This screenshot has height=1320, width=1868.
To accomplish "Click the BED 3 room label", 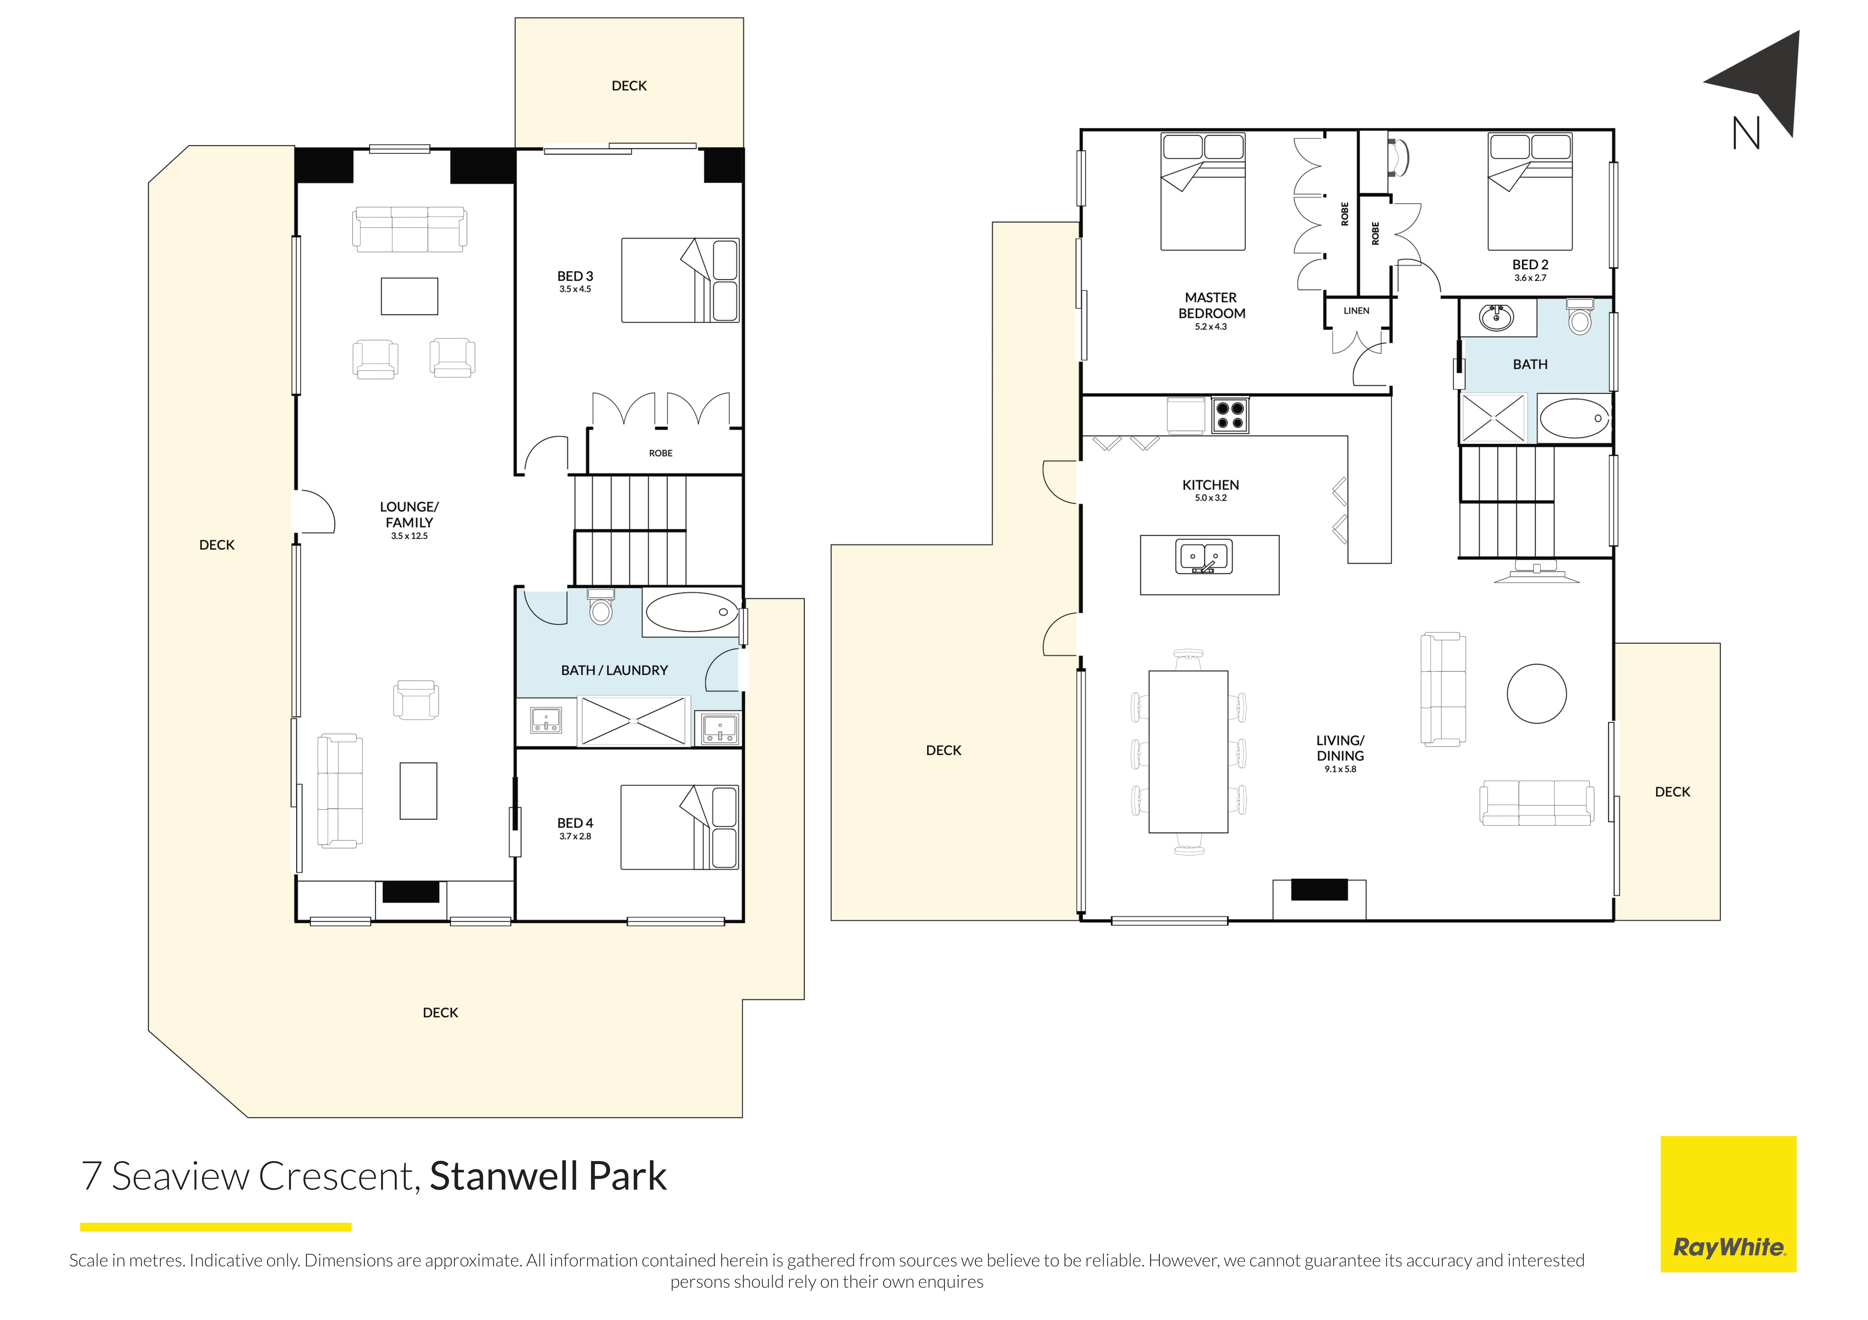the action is point(575,276).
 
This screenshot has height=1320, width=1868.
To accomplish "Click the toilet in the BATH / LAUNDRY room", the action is point(600,606).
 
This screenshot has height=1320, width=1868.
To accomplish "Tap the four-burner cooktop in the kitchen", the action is point(1229,415).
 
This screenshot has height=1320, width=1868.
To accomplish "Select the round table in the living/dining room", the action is point(1537,694).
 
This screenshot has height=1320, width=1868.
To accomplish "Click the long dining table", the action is point(1188,751).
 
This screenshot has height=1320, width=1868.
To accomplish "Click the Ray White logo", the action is point(1728,1204).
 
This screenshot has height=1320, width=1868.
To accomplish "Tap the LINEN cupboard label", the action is point(1356,311).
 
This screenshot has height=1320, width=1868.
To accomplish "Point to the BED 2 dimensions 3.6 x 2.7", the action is point(1530,278).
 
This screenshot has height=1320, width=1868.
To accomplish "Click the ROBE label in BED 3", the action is point(661,453).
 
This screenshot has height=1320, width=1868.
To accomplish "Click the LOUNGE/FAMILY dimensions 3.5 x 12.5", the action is point(409,536).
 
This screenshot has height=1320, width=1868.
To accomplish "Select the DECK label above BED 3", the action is point(629,85).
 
